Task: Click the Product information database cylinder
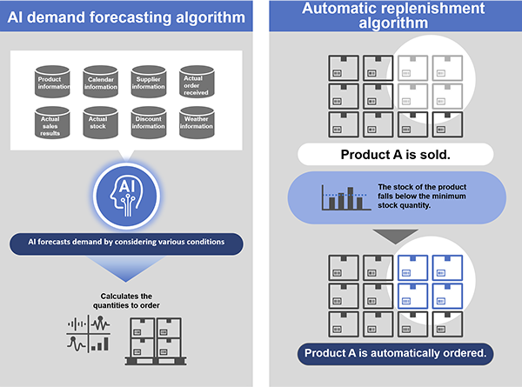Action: [52, 82]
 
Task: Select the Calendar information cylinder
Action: [101, 82]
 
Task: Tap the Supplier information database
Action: [149, 82]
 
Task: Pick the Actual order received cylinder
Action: [197, 82]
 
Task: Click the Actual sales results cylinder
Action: [52, 123]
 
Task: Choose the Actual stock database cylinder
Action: [101, 123]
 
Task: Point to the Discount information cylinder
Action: [149, 123]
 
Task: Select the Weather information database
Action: [197, 123]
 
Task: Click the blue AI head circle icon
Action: [126, 196]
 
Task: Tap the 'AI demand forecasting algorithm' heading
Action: [126, 17]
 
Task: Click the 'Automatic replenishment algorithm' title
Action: [393, 16]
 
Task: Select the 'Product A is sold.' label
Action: [396, 155]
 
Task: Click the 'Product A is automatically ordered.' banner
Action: [396, 353]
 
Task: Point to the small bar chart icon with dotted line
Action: [346, 198]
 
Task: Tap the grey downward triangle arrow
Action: [396, 236]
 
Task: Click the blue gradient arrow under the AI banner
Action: [126, 269]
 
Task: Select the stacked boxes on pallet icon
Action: [156, 342]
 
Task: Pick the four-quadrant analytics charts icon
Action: [89, 334]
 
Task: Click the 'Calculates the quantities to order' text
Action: [126, 301]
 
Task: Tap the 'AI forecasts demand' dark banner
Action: [126, 244]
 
